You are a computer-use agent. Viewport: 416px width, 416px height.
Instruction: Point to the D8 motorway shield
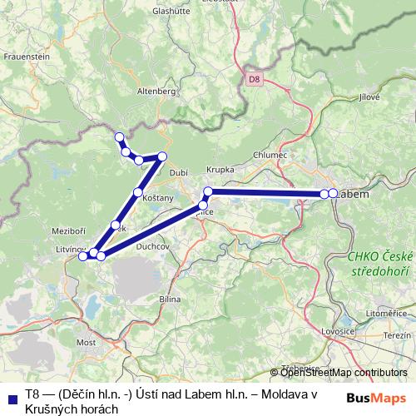point(254,80)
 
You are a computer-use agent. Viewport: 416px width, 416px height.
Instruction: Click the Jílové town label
point(369,97)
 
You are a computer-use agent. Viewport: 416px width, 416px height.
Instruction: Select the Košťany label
point(158,198)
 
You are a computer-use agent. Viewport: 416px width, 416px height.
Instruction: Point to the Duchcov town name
point(153,246)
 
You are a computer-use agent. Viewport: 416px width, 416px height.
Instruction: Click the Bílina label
point(170,297)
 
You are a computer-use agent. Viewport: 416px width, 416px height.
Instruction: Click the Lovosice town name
point(339,331)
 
